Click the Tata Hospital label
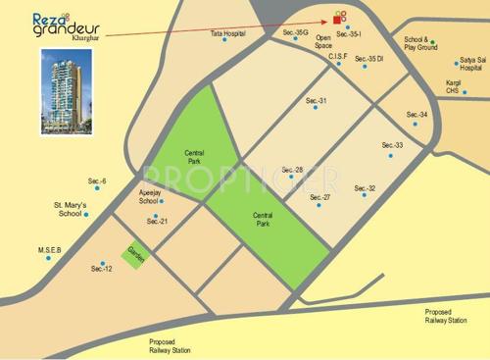[226, 33]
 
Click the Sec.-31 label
[316, 101]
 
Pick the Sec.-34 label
[416, 115]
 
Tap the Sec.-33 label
[393, 145]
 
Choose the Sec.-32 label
[365, 187]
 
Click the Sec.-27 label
[320, 197]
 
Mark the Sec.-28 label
[292, 169]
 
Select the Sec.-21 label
[158, 221]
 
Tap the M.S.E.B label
[50, 250]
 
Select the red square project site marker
[338, 18]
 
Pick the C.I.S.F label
[338, 57]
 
